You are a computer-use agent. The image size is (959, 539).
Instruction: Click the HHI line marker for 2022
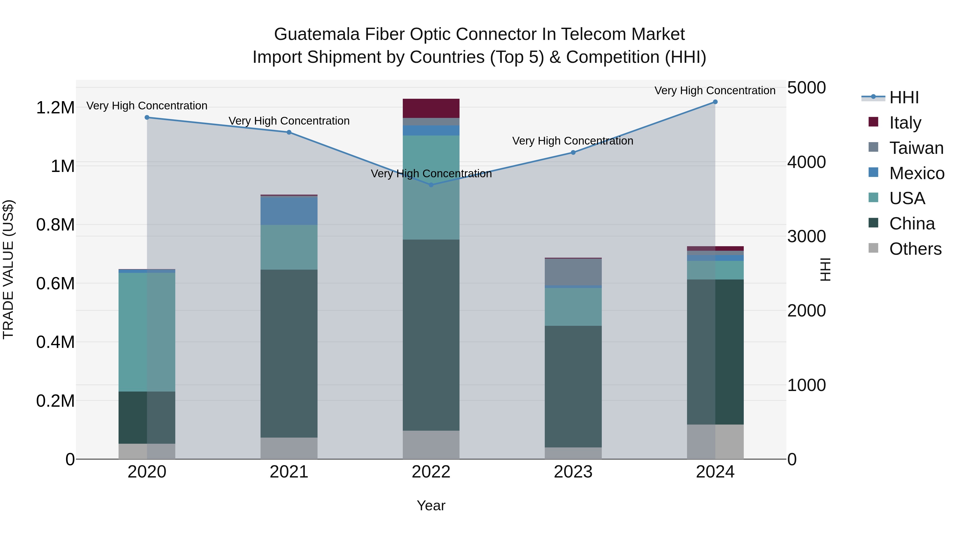point(431,185)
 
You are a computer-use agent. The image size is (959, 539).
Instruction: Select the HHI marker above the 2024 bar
point(715,102)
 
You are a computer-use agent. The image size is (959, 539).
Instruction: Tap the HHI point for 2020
point(147,118)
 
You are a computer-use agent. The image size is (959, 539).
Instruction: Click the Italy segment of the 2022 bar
point(431,108)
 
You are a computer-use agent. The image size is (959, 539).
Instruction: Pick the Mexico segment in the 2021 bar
point(289,211)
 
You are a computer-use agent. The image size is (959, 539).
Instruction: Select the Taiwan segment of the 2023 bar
point(573,272)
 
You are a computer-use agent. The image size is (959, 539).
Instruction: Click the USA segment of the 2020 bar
point(147,332)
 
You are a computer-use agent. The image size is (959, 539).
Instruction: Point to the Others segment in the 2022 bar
point(431,445)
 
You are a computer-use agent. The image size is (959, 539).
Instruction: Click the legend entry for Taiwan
point(916,148)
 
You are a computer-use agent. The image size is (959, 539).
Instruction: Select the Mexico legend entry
point(916,173)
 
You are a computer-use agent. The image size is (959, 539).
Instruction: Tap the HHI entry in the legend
point(904,97)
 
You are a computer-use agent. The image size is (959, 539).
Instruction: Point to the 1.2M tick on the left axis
point(55,108)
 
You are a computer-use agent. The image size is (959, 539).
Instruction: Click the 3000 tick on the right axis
point(806,237)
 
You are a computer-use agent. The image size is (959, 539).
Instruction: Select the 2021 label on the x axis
point(289,472)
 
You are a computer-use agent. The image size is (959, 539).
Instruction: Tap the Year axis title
point(431,505)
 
